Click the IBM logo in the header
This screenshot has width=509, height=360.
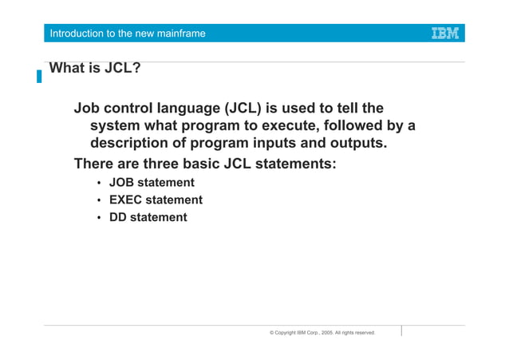(444, 34)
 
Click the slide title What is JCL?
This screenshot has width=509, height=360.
(95, 68)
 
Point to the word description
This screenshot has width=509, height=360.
(132, 144)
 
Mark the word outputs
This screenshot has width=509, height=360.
(356, 144)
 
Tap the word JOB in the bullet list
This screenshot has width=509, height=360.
(123, 184)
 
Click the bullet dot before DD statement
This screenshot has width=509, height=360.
(99, 218)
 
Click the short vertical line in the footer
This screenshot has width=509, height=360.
(401, 330)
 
